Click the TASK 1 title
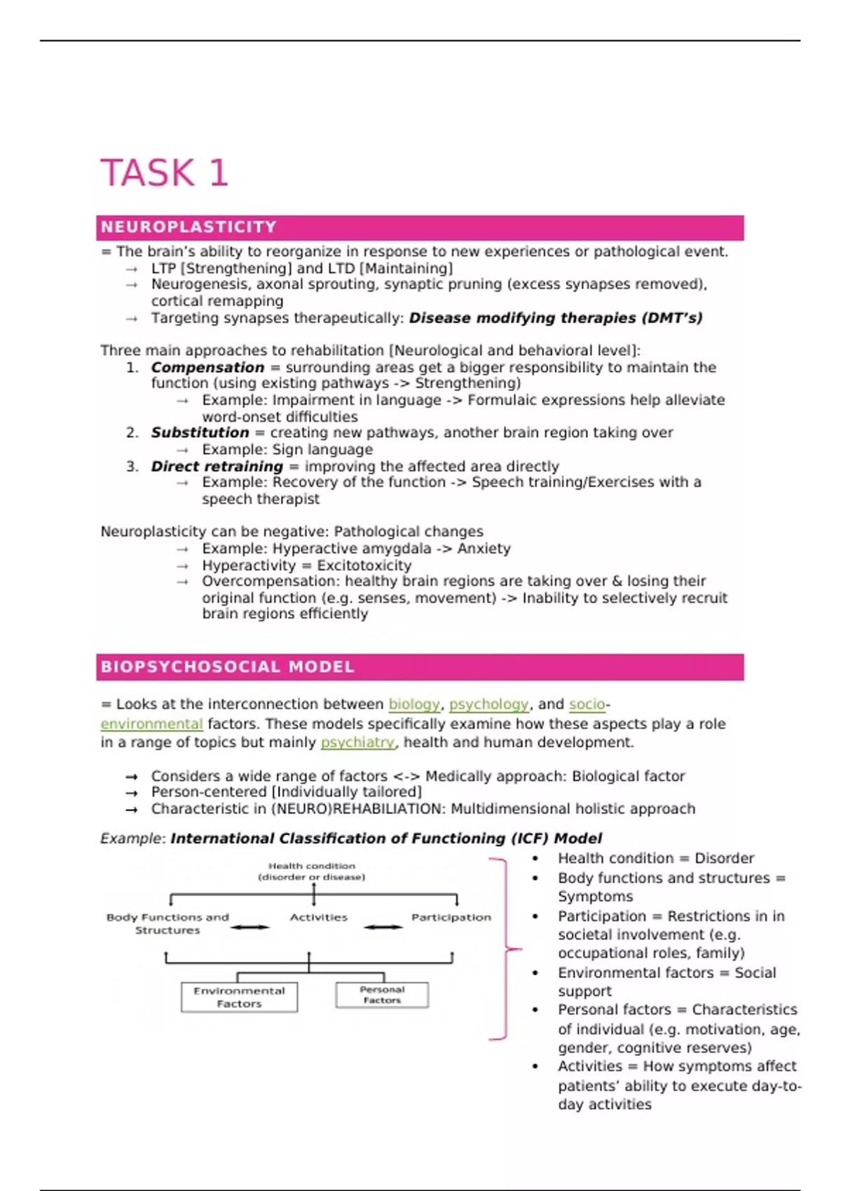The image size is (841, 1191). coord(165,172)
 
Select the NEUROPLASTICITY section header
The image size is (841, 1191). coord(189,227)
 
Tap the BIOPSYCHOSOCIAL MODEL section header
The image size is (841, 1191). coord(228,667)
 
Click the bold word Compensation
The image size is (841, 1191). coord(207,367)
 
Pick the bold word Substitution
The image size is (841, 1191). coord(200,433)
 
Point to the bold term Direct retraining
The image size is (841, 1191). coord(217,467)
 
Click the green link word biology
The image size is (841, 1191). coord(414,704)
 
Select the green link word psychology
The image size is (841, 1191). coord(488,704)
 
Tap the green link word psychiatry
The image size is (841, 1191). coord(357,742)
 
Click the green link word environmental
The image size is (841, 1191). coord(151,724)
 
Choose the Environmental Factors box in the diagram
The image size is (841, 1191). coord(239,997)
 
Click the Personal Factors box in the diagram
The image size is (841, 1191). coord(382,995)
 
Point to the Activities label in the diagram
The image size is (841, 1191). coord(319,917)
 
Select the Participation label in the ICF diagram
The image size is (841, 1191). coord(451,917)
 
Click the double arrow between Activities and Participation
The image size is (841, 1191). coord(383,928)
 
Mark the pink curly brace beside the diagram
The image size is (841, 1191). coord(506,949)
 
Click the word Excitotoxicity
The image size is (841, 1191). coord(364,565)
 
